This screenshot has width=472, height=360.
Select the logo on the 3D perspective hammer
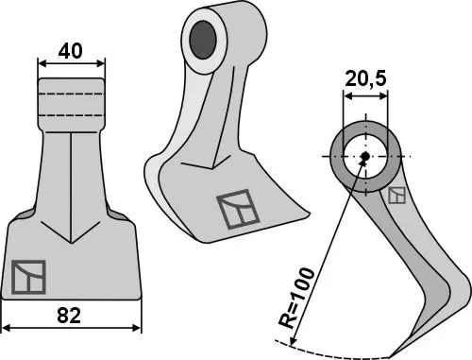point(235,210)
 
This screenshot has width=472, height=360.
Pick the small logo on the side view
point(397,196)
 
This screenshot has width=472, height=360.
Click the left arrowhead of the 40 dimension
point(41,65)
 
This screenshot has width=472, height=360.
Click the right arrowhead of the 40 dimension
point(102,65)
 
